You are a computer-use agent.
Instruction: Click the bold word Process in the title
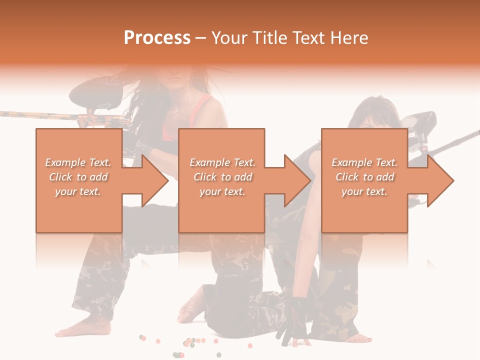coord(157,38)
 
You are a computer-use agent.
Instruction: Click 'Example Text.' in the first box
coord(78,162)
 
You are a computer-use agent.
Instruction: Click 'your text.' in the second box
coord(222,191)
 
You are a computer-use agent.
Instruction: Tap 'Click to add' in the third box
coord(364,177)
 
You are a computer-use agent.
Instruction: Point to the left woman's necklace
coord(180,107)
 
